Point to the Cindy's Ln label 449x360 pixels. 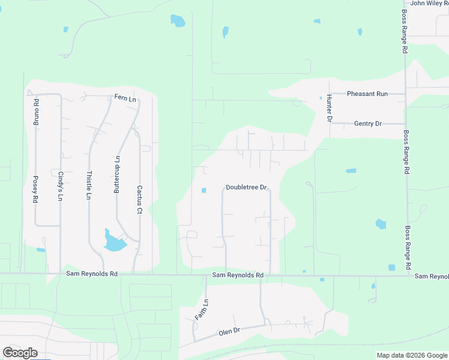[x=61, y=186]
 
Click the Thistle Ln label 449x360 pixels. [x=89, y=185]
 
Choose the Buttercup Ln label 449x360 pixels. [x=118, y=175]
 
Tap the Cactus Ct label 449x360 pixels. [x=139, y=199]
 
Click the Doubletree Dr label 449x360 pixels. [x=246, y=187]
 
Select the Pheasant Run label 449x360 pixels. [x=367, y=94]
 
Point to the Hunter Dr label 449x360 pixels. [x=330, y=109]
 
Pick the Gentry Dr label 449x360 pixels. [x=368, y=124]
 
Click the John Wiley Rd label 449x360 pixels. [x=429, y=4]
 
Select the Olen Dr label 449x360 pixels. [x=229, y=331]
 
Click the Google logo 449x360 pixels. [x=20, y=353]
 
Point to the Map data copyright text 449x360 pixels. [x=412, y=355]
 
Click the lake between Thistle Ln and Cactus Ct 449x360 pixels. [x=114, y=242]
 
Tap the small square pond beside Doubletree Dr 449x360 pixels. [x=203, y=191]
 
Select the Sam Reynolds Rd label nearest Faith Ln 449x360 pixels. [x=238, y=275]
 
